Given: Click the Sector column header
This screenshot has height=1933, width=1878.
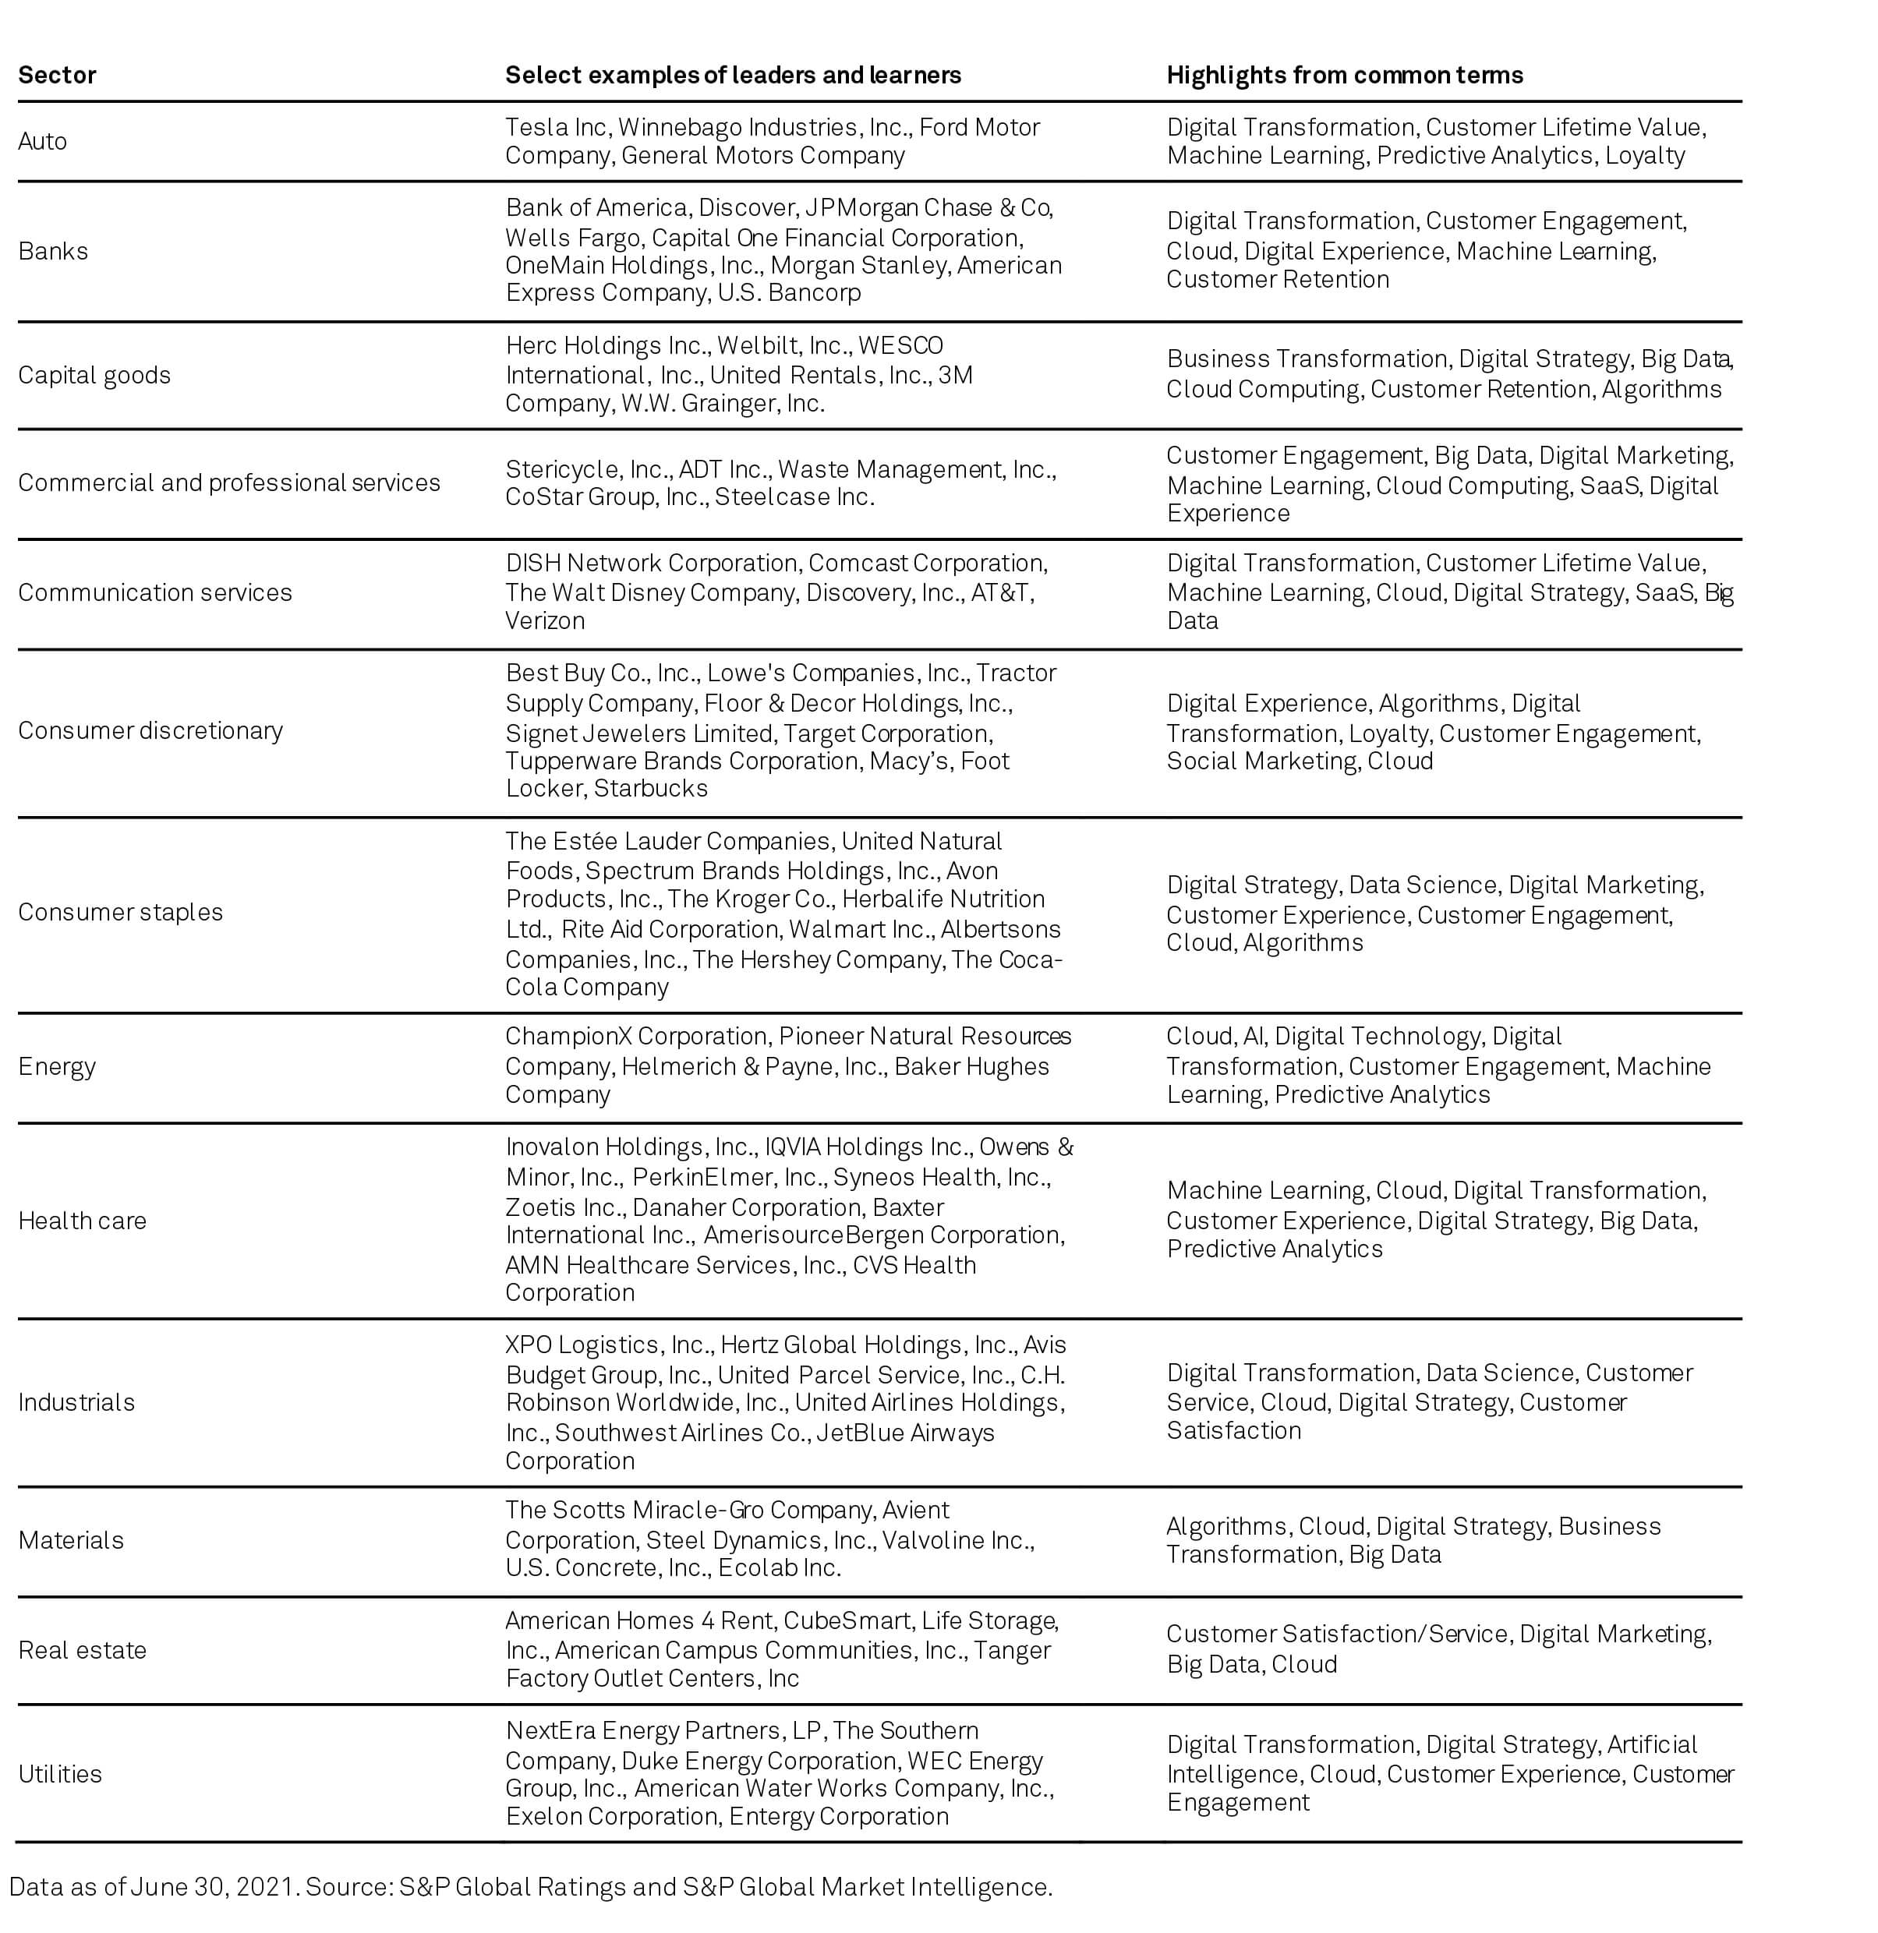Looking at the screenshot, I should click(x=57, y=75).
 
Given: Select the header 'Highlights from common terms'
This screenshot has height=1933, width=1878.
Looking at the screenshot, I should click(x=1345, y=75).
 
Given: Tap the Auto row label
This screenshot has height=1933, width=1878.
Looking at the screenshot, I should click(x=42, y=141).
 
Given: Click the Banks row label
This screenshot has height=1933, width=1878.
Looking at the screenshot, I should click(x=53, y=252).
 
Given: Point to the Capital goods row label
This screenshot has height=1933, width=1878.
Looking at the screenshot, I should click(x=94, y=375).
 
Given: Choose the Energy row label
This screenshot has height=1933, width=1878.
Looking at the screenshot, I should click(x=57, y=1066).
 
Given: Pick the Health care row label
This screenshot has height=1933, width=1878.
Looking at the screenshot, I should click(x=82, y=1220).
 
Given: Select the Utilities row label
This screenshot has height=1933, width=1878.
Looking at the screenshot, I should click(x=60, y=1773).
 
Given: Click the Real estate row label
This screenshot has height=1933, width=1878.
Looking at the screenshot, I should click(x=82, y=1650).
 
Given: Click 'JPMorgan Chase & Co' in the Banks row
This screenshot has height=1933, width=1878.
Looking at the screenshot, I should click(x=928, y=208).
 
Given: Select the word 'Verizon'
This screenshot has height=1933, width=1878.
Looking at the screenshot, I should click(x=546, y=620).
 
